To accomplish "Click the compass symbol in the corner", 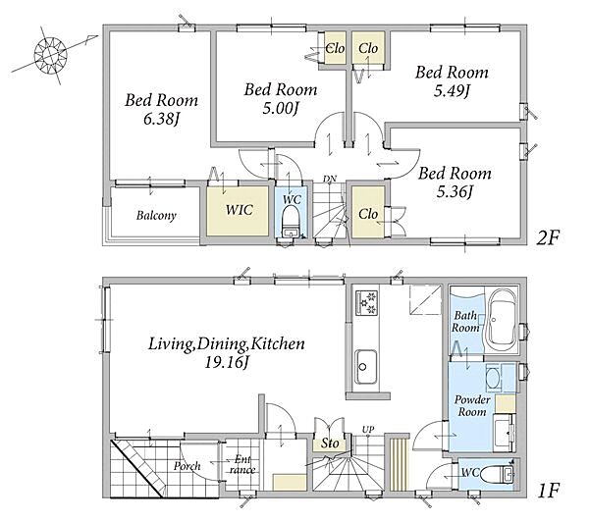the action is click(x=50, y=55).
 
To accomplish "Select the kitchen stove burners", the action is click(x=366, y=302).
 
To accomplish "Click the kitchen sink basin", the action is click(x=366, y=367).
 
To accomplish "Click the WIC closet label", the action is click(x=240, y=210).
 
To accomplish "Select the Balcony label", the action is click(x=156, y=216).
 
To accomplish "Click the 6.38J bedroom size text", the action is click(x=161, y=120).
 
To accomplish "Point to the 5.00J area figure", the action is click(x=280, y=109).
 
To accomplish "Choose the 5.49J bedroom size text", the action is click(x=452, y=91).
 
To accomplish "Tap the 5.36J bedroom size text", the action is click(x=455, y=192).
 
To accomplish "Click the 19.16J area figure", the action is click(x=226, y=363).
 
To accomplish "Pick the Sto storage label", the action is click(x=330, y=443).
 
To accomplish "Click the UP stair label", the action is click(x=368, y=429).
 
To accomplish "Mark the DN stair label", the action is click(x=330, y=179).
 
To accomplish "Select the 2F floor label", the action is click(x=548, y=237).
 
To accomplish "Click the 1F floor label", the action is click(x=549, y=491).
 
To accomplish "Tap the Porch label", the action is click(x=187, y=466).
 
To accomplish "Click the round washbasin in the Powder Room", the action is click(x=493, y=378).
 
